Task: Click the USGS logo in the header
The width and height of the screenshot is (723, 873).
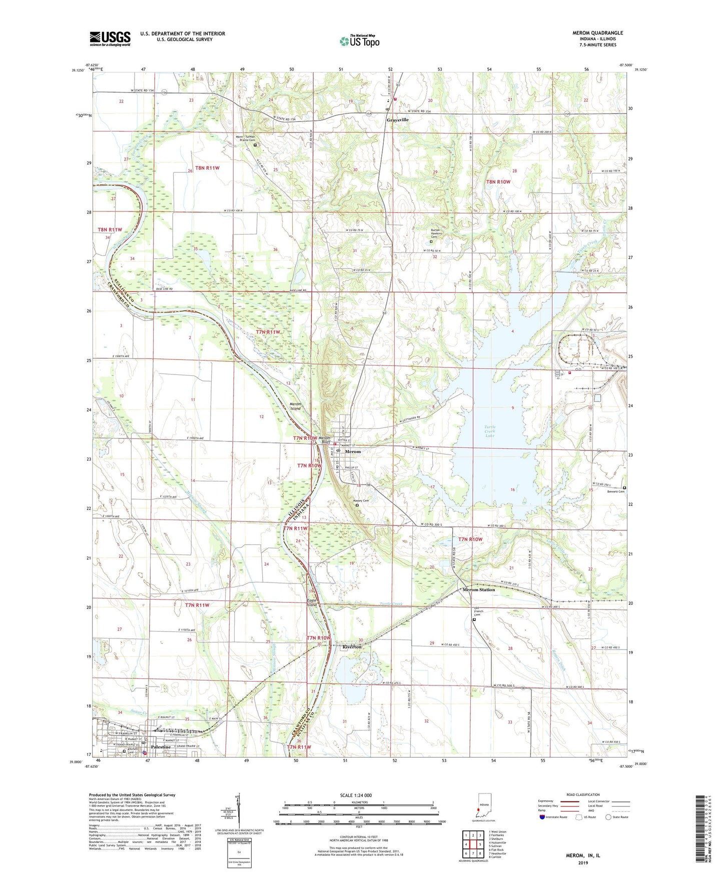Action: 110,38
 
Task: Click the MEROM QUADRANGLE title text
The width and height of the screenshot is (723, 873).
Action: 597,33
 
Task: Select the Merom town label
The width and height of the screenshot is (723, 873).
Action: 352,451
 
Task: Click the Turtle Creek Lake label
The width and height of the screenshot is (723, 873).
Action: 490,431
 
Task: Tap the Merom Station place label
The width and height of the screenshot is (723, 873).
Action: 478,589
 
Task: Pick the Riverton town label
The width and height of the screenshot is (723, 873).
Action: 352,646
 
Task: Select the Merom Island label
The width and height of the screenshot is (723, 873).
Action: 296,406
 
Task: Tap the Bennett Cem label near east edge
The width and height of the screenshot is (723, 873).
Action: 615,491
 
